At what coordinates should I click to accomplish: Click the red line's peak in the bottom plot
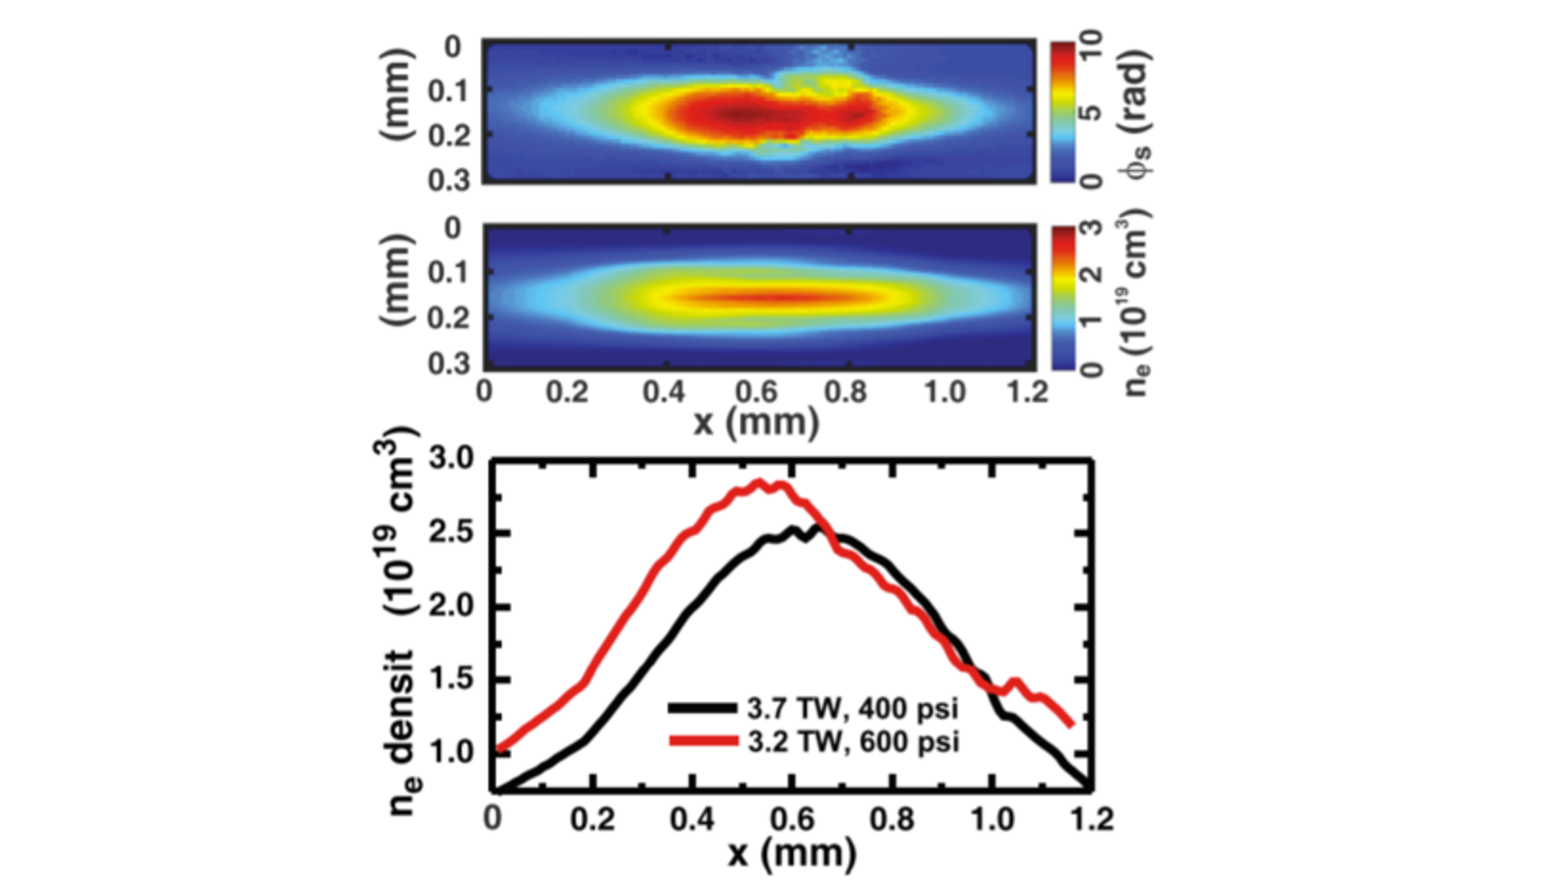coord(758,482)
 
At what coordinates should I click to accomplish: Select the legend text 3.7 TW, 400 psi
coord(852,708)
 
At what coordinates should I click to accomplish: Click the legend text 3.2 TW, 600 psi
coord(852,740)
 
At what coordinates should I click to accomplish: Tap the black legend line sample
coord(702,708)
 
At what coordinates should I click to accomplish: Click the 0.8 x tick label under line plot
coord(891,819)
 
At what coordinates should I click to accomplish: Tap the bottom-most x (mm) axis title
coord(792,852)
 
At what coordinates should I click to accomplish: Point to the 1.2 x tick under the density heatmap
coord(1028,391)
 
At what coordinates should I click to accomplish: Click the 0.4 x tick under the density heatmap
coord(664,391)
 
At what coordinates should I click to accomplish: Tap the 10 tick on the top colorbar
coord(1091,45)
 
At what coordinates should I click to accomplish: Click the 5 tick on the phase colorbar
coord(1091,113)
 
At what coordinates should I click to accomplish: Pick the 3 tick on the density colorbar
coord(1091,229)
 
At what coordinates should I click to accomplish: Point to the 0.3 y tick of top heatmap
coord(452,180)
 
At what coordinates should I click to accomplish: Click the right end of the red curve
coord(1071,725)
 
